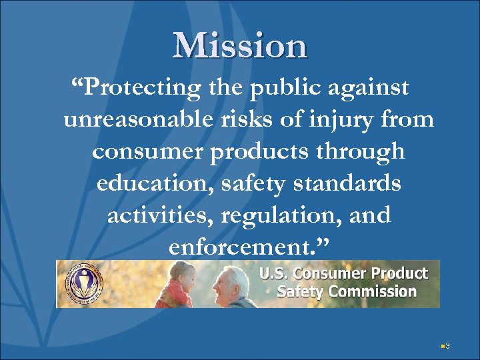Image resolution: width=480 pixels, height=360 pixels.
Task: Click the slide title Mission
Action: tap(240, 45)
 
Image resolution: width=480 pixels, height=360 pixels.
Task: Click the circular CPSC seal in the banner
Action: tap(85, 283)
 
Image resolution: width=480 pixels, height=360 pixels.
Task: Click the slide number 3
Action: tap(448, 345)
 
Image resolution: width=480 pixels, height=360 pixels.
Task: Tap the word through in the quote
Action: tap(360, 153)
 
